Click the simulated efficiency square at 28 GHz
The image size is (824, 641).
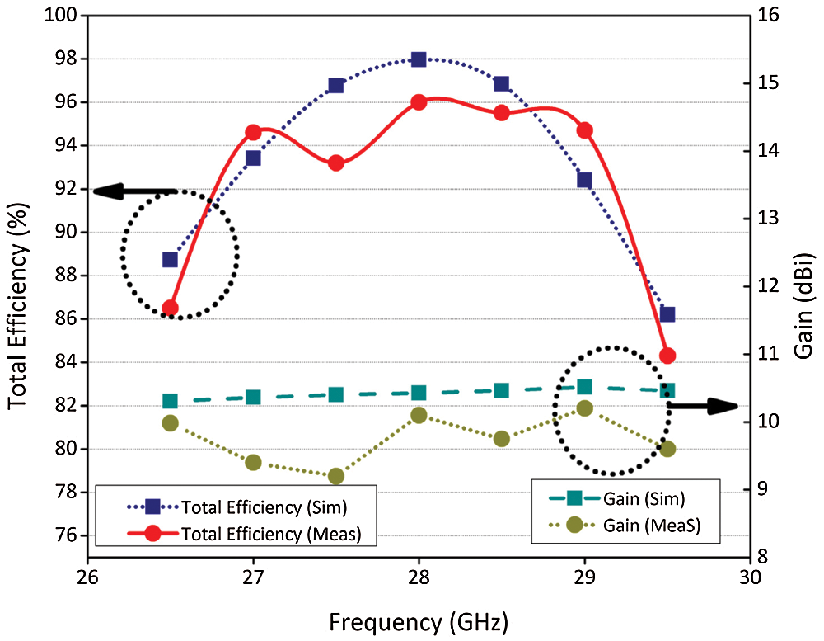point(419,59)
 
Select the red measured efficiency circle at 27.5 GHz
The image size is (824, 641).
point(335,163)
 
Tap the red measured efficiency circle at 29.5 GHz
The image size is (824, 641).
point(667,356)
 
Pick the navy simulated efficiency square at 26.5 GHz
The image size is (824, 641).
point(170,260)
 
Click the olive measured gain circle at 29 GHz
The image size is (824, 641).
point(585,408)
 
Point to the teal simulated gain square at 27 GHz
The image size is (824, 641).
point(253,397)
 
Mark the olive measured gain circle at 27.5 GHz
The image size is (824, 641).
point(335,476)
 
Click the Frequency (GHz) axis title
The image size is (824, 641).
point(419,620)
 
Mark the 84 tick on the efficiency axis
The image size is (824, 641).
point(64,362)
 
